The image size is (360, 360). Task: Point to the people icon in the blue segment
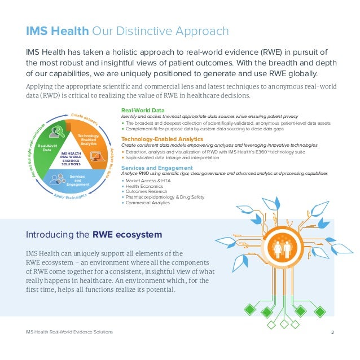[x=58, y=179]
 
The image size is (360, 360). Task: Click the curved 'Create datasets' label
[x=85, y=118]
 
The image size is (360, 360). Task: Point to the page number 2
[x=333, y=332]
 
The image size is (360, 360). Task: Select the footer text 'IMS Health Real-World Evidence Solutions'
[x=69, y=332]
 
